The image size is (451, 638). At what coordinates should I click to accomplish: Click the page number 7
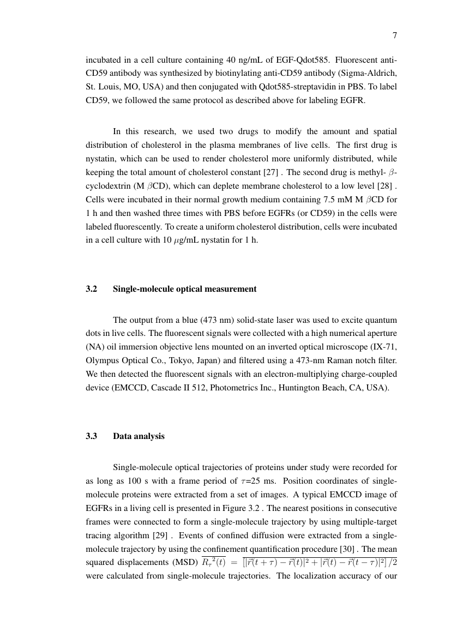coord(394,36)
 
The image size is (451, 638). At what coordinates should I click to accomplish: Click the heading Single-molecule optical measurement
coord(184,289)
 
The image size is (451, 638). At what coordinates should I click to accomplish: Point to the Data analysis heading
coord(139,436)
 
